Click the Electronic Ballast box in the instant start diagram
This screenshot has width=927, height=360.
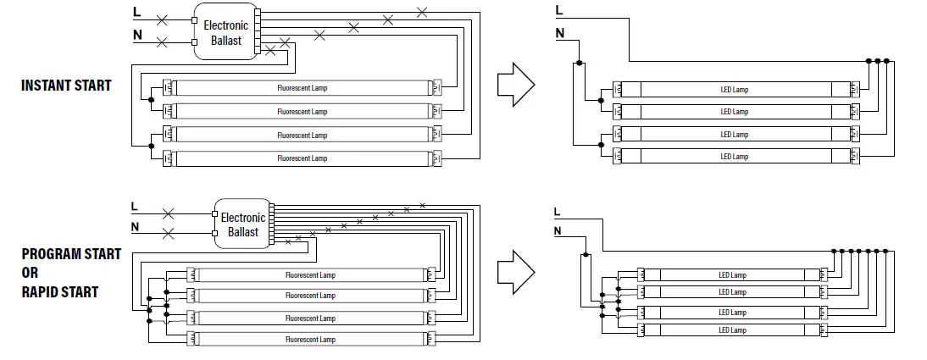[225, 33]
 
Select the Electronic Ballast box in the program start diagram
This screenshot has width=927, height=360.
[242, 224]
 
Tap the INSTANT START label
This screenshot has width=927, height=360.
[66, 86]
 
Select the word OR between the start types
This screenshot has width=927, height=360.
[31, 273]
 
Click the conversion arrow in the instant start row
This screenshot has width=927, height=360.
[514, 85]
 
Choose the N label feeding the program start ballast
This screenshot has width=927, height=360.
[135, 226]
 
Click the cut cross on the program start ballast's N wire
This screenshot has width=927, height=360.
[169, 232]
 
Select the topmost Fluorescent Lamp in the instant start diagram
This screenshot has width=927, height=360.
[302, 88]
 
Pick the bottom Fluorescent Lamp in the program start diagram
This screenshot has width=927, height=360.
[310, 340]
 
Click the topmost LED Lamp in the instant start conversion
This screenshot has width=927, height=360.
[735, 90]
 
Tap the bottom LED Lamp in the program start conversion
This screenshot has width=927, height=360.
[732, 330]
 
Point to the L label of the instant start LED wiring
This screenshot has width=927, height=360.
[558, 10]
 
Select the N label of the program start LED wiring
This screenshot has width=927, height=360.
[557, 230]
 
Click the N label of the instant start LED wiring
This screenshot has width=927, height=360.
[559, 33]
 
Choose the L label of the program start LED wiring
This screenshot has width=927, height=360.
[556, 211]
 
